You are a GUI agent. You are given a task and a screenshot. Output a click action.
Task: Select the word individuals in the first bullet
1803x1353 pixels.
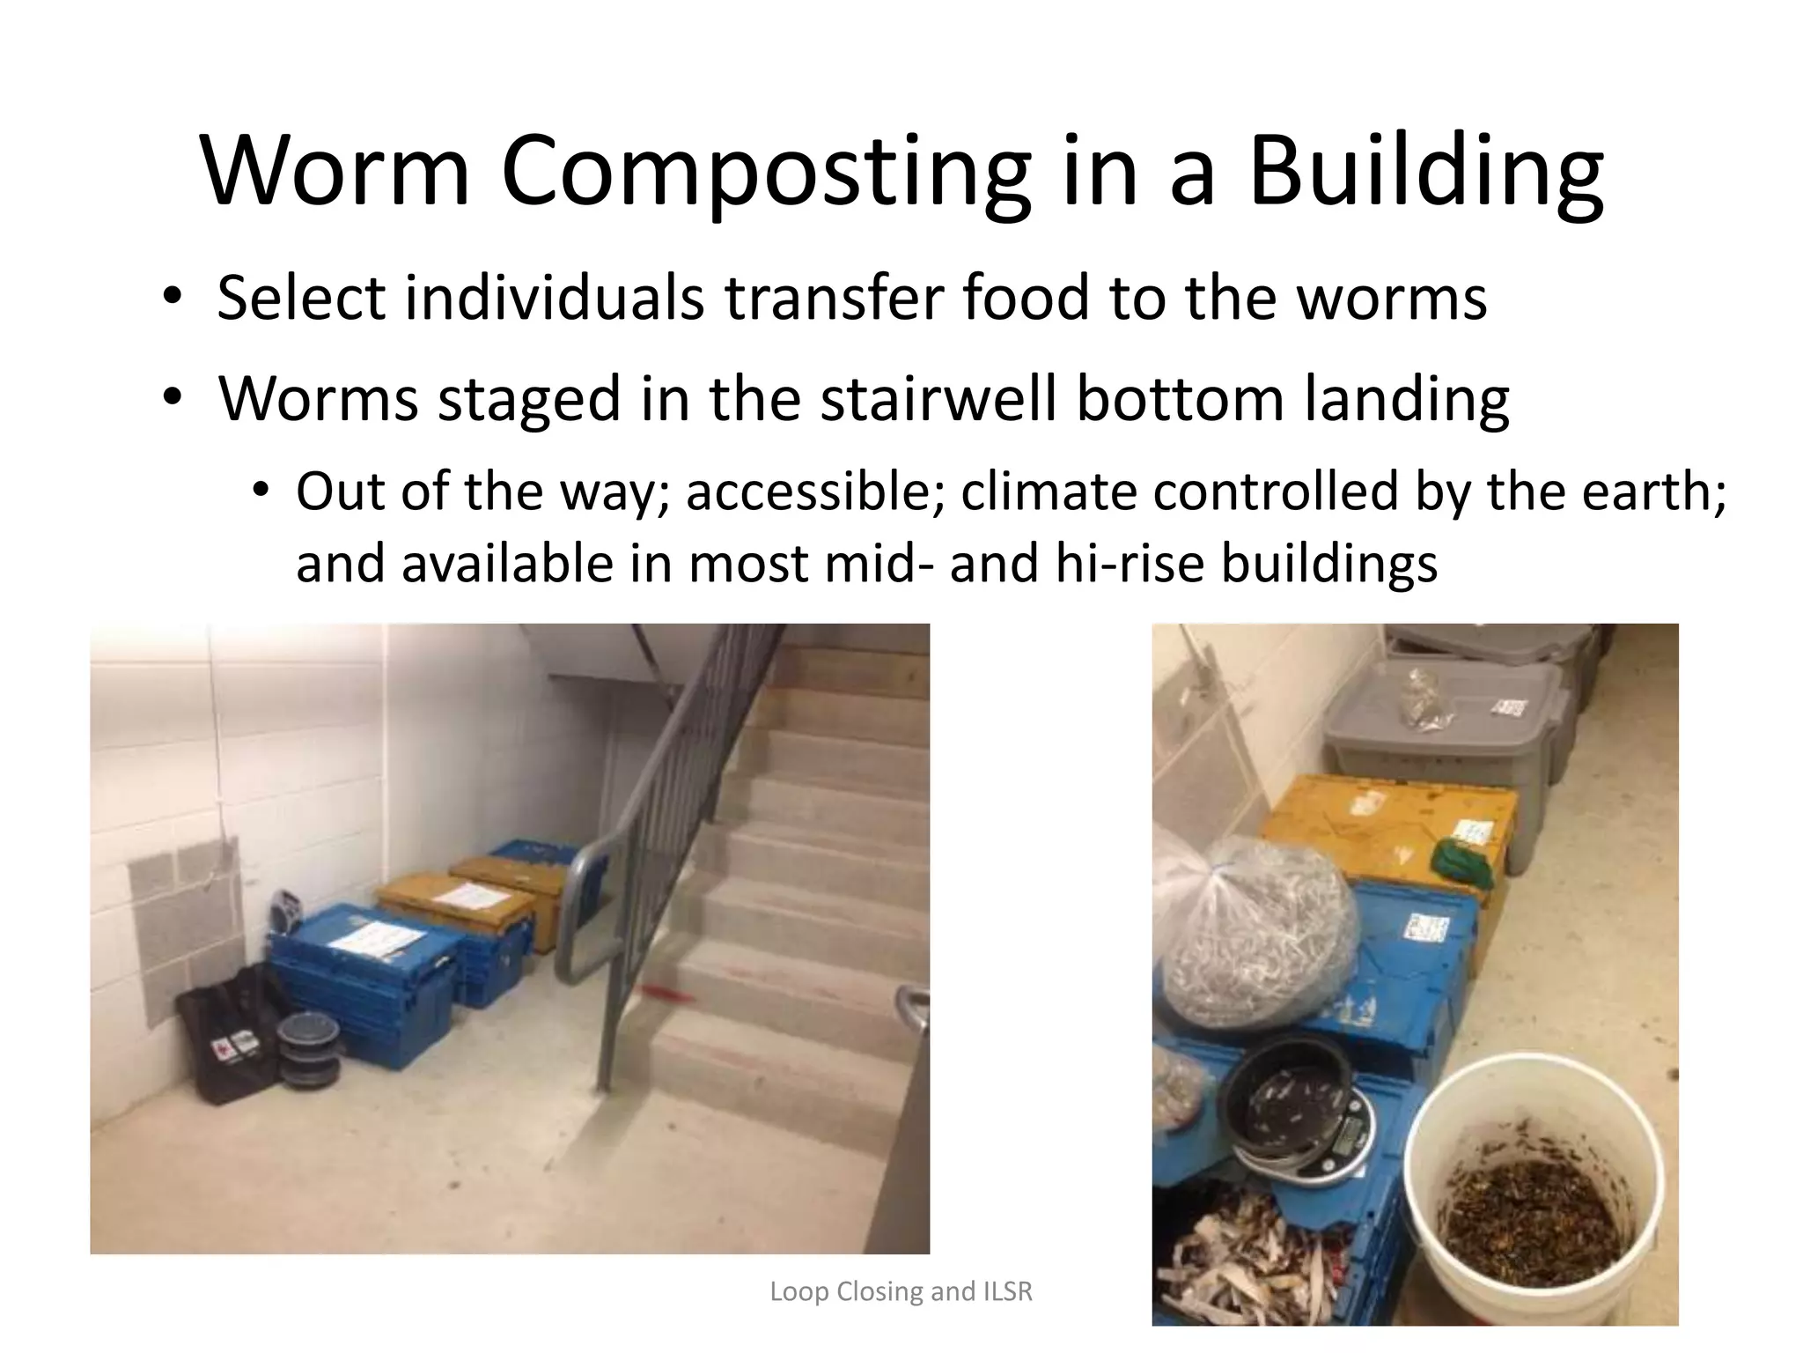click(x=554, y=298)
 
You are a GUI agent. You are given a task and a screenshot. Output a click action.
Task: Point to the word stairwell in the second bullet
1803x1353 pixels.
click(x=938, y=399)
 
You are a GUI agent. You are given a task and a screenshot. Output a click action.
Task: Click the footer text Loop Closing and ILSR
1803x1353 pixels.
click(x=901, y=1291)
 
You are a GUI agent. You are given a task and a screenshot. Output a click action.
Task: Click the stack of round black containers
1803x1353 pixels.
click(x=308, y=1053)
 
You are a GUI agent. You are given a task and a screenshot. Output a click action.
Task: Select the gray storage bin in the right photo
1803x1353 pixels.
click(x=1444, y=722)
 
